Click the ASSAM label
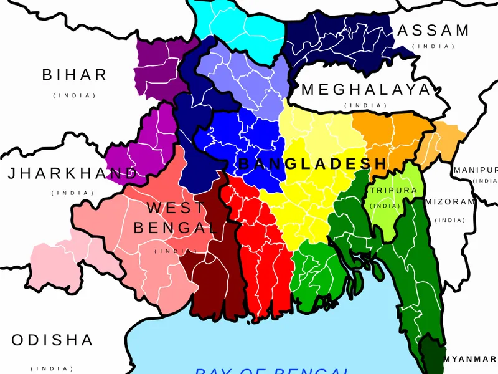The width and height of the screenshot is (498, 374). pos(433,31)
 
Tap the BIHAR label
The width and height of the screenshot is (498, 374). pos(75,75)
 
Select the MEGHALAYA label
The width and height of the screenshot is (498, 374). pos(365,90)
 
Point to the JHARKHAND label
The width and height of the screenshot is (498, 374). pos(72,174)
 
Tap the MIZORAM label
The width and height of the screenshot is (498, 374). pos(449,202)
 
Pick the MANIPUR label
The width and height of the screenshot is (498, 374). pos(476,170)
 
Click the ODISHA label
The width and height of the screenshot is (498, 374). pos(53,340)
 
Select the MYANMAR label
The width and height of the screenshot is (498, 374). pos(471,358)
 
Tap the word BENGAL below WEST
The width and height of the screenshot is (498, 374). pos(176,228)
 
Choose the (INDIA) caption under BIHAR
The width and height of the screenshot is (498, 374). pos(75,95)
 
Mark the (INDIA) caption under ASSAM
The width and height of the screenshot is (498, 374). pos(433,47)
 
